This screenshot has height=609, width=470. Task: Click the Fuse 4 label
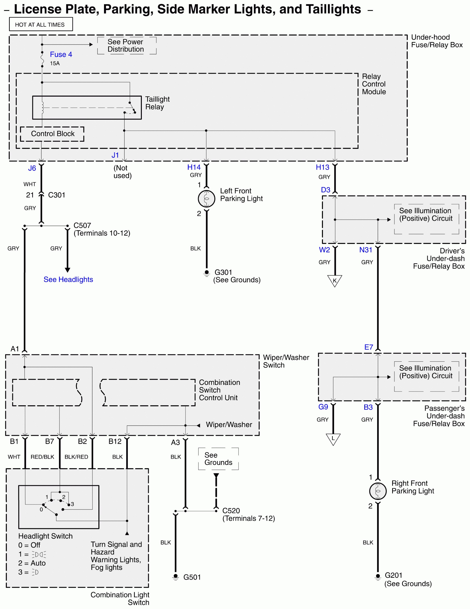click(x=61, y=54)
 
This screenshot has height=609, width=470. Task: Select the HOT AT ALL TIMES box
click(x=41, y=25)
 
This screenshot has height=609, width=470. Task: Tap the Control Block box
click(x=52, y=134)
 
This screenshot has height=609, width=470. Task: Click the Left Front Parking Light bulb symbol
click(x=206, y=199)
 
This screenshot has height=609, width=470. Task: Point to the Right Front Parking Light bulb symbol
click(x=378, y=491)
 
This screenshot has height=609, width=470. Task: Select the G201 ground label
click(x=393, y=575)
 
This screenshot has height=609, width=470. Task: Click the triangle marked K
click(x=335, y=280)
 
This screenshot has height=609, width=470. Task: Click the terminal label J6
click(x=32, y=168)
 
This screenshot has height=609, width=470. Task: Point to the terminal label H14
click(x=194, y=167)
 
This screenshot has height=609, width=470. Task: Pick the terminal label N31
click(x=366, y=250)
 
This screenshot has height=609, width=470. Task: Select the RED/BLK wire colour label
click(x=42, y=457)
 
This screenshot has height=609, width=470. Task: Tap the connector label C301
click(x=57, y=195)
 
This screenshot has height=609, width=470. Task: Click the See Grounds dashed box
click(x=218, y=459)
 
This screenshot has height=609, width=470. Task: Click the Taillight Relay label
click(x=157, y=103)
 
